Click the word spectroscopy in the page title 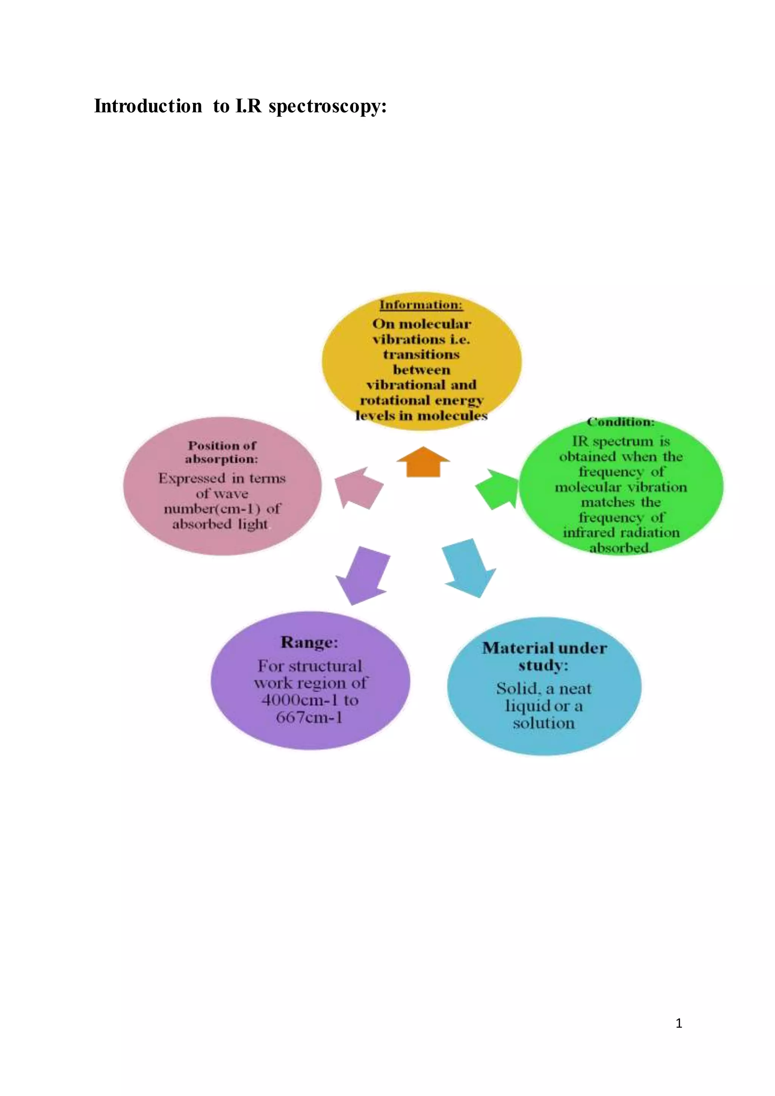(x=327, y=106)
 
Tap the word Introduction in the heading (x=148, y=106)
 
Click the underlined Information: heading (x=421, y=305)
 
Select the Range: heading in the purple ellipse (x=309, y=642)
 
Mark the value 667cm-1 (x=309, y=718)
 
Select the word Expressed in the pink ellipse (x=191, y=478)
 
